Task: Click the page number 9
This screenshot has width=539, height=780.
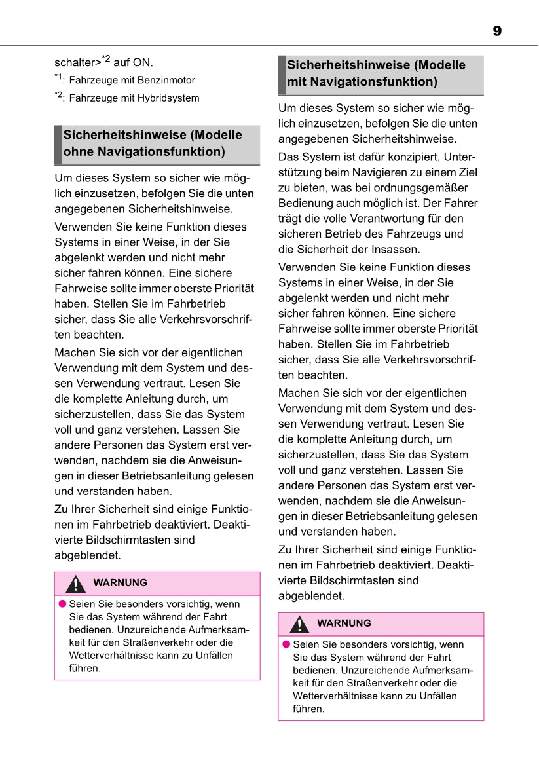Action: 497,31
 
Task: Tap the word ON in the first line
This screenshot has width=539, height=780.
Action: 142,63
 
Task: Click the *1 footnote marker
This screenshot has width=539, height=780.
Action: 58,79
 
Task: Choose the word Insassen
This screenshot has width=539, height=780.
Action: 396,250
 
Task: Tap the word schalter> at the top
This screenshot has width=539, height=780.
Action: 77,63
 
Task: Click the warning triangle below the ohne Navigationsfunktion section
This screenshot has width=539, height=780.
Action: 76,584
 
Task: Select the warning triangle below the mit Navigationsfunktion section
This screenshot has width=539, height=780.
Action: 299,624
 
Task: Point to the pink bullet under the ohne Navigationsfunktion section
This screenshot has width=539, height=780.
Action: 62,604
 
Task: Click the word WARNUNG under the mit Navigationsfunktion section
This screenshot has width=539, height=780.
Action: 344,623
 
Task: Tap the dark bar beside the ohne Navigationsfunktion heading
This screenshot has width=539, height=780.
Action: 58,144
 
